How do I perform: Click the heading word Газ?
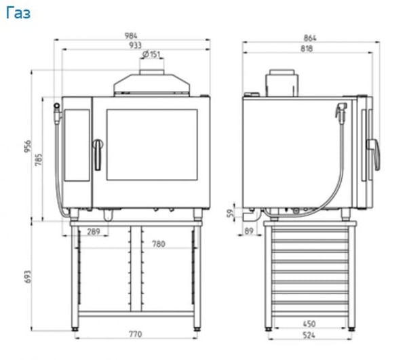18,13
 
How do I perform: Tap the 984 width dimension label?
131,36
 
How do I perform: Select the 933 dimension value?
135,45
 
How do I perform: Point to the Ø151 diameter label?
151,54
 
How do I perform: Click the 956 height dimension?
28,146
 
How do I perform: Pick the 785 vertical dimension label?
39,160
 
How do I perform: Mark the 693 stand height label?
28,277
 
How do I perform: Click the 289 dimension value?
94,232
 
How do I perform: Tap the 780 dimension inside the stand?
159,244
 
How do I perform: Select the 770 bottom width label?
136,334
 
